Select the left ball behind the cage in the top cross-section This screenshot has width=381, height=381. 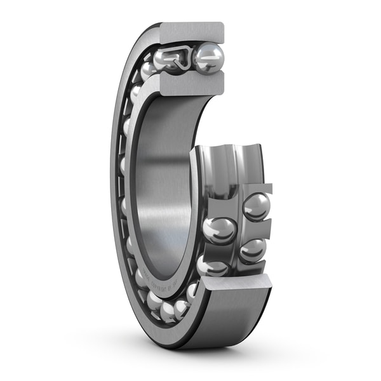[168, 59]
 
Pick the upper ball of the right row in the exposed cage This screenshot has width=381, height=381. [256, 206]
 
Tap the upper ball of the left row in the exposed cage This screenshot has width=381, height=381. [220, 230]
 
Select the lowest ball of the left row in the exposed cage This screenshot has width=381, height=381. [211, 265]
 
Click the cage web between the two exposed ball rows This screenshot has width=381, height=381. [238, 229]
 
